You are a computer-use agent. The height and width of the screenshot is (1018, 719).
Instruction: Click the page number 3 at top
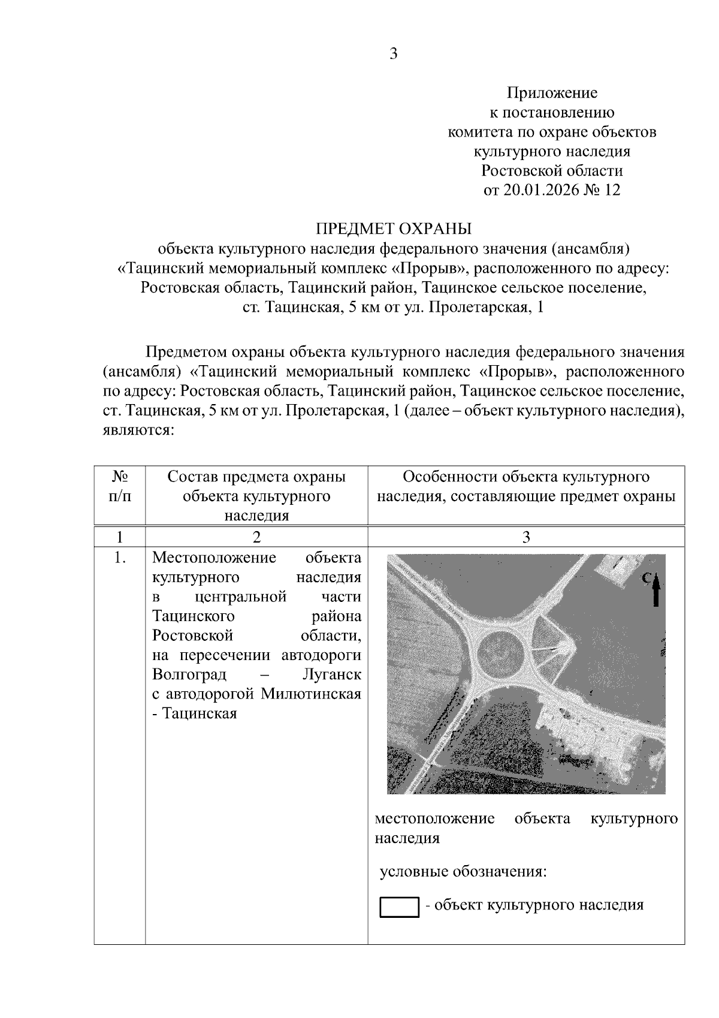[x=394, y=54]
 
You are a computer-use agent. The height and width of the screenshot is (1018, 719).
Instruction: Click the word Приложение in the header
[x=552, y=93]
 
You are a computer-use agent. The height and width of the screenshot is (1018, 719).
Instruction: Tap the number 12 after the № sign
[x=612, y=190]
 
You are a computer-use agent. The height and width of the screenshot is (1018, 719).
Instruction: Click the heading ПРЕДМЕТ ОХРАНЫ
[x=394, y=228]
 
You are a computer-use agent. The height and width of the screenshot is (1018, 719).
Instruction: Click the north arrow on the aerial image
[x=656, y=590]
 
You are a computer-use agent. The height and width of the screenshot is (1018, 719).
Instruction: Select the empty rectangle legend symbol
[x=399, y=907]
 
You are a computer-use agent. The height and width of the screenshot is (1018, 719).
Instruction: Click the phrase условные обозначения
[x=463, y=871]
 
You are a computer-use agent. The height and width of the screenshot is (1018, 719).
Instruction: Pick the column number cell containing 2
[x=256, y=537]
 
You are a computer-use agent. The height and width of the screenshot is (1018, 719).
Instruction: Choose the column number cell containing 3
[x=526, y=537]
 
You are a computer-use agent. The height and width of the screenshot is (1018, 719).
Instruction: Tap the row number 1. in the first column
[x=120, y=558]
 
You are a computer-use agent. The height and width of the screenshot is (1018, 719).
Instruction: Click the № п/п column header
[x=120, y=486]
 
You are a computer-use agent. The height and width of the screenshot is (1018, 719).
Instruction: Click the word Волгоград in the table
[x=189, y=674]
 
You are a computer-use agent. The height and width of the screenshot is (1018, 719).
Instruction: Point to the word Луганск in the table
[x=332, y=674]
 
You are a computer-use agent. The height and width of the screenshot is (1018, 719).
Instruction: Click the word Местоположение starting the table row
[x=214, y=558]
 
